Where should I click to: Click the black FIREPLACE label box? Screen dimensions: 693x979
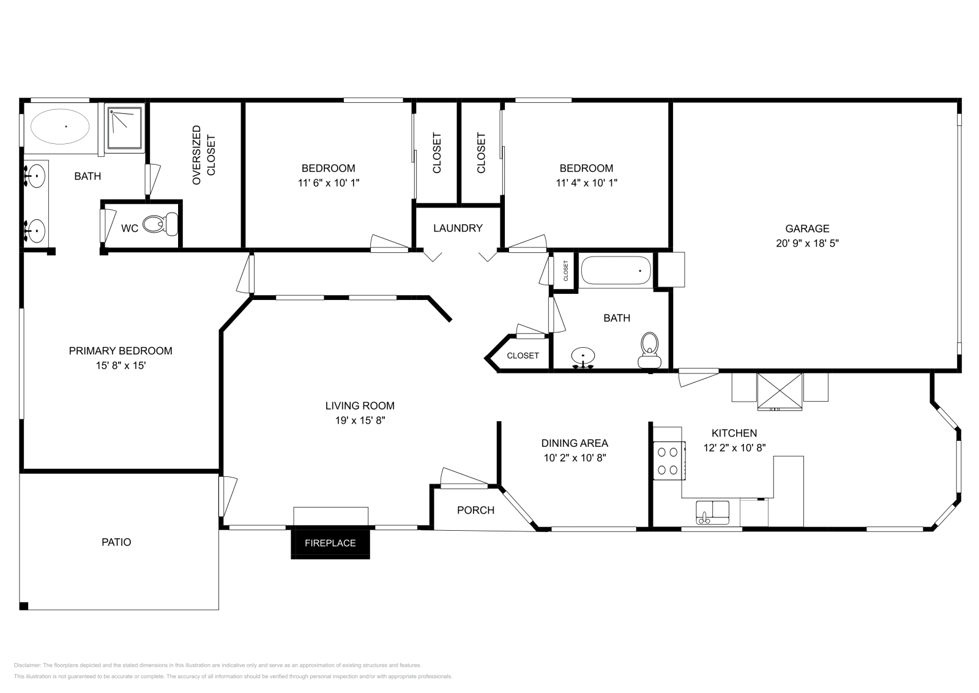(x=330, y=542)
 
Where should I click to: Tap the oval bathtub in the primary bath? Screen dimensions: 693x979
(x=60, y=127)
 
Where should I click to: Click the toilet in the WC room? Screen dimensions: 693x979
(x=160, y=224)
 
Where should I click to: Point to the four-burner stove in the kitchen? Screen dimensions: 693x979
(x=668, y=460)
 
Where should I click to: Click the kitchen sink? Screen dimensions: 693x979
(x=712, y=512)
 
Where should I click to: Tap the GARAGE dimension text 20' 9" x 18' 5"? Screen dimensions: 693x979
(x=807, y=243)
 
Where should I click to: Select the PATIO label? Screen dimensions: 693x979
(x=116, y=542)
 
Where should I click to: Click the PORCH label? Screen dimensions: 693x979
(x=475, y=510)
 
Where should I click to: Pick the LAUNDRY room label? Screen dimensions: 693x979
(x=458, y=228)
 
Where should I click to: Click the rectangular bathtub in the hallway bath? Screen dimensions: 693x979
(x=616, y=270)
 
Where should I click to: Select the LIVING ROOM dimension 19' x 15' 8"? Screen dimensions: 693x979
(x=360, y=421)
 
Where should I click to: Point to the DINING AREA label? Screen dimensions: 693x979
(x=575, y=443)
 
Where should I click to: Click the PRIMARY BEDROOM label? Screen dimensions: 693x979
(x=120, y=351)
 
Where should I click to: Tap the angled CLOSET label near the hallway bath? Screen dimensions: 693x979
(x=523, y=355)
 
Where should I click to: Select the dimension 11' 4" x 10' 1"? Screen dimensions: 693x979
(x=586, y=182)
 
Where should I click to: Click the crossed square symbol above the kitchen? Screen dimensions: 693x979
(x=780, y=391)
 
